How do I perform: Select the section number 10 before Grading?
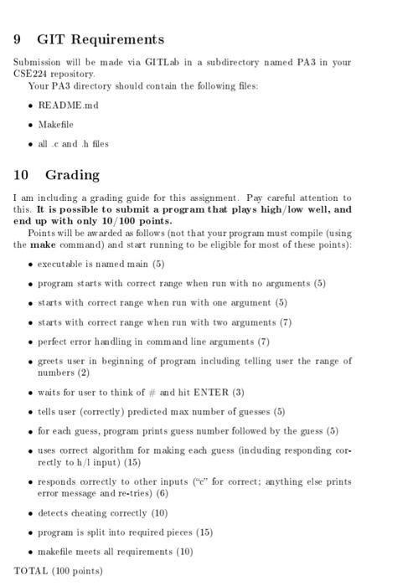[x=23, y=175]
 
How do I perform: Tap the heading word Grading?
[x=72, y=175]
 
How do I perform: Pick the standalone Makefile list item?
[x=56, y=124]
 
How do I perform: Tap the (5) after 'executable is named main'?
[x=158, y=264]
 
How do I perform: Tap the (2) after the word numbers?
[x=84, y=373]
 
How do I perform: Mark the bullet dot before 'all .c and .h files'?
[x=30, y=144]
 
